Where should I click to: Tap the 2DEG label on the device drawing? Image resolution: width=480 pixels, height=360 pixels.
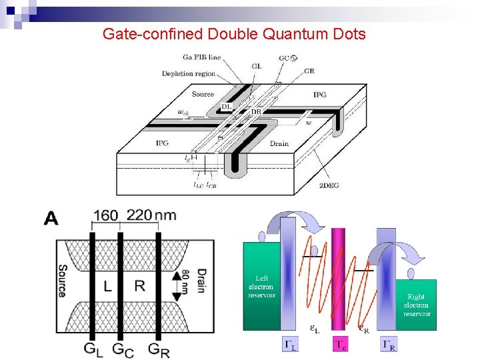328,185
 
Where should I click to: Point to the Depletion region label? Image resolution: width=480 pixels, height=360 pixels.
189,73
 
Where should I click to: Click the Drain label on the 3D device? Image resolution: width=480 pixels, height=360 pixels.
279,143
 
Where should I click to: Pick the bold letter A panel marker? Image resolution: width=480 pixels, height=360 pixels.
51,217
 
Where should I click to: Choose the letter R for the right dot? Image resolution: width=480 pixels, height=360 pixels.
140,287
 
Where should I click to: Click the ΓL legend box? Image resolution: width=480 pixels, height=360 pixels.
291,344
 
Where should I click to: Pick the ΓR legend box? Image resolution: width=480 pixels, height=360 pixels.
389,344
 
